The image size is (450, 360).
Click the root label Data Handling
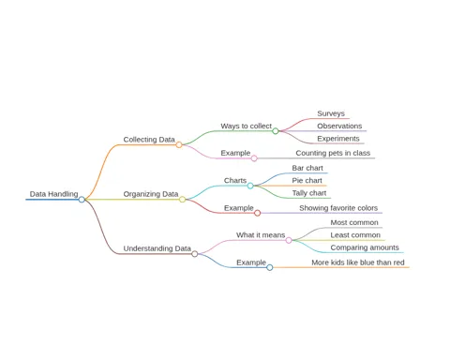53,194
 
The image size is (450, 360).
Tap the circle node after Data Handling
82,200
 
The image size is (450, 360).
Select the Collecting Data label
149,140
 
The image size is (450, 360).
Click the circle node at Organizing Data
182,200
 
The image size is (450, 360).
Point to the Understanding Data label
157,248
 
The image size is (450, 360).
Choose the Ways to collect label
247,126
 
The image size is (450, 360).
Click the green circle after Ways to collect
276,131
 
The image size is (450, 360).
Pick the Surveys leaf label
331,113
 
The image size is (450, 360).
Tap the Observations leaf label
339,126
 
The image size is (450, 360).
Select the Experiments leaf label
338,139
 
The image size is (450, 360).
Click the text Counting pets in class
333,153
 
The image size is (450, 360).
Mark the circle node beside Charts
250,186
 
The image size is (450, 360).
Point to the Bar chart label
307,168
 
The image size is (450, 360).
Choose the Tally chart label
309,193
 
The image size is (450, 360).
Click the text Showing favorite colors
338,208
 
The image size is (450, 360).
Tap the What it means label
261,235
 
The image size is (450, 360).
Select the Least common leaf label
355,235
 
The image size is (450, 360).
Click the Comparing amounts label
365,247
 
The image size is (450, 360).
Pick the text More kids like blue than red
358,262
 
